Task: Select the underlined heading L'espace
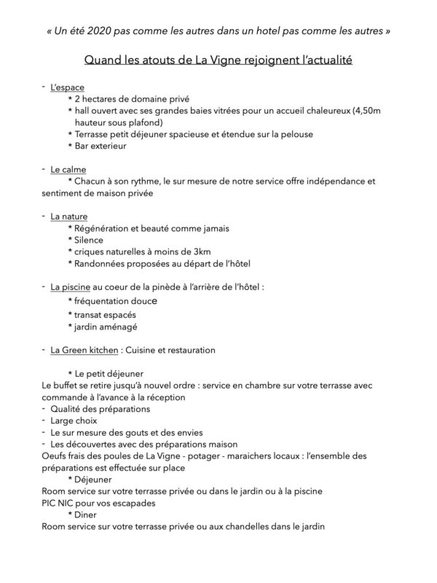pos(68,87)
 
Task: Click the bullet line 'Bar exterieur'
pos(101,146)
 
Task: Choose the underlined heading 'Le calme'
pos(68,169)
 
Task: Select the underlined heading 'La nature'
pos(69,216)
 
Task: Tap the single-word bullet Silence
pos(89,239)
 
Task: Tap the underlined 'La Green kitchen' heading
pos(84,350)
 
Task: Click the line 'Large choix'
pos(75,420)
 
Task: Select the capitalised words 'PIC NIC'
pos(60,502)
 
